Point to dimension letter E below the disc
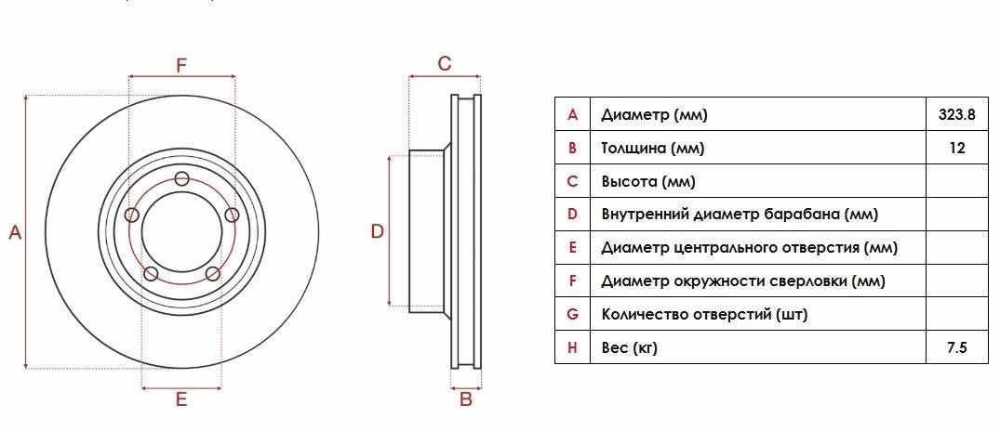coord(182,399)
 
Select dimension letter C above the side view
coord(445,63)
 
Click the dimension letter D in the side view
coord(378,231)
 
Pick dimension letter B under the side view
coord(467,399)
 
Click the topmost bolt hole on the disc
coord(182,179)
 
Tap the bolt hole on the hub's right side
coord(233,215)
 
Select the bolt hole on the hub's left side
coord(131,215)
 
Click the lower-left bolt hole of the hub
coord(151,273)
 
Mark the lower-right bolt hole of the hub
coord(213,273)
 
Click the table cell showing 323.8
coord(957,115)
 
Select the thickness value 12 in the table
coord(957,149)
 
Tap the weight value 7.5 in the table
coord(957,348)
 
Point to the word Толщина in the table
coord(633,149)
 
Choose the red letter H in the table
coord(572,348)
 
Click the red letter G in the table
coord(572,315)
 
